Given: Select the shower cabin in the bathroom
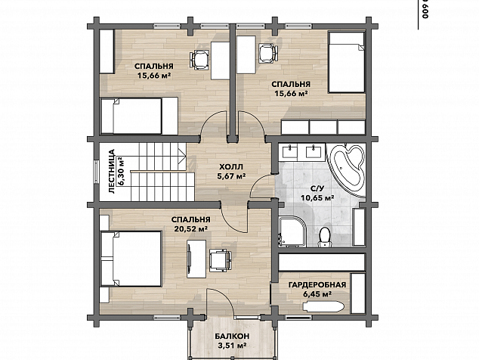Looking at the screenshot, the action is [x=292, y=231].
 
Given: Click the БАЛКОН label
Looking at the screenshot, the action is [x=231, y=336].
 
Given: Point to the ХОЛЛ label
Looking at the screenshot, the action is [x=231, y=166].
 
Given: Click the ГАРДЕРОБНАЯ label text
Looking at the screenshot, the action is [x=317, y=285].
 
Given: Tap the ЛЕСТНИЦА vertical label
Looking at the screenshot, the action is [x=112, y=171].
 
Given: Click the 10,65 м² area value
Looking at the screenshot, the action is [x=317, y=198].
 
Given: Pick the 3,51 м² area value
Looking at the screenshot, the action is [x=232, y=346].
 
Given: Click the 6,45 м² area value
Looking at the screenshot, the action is [x=318, y=294].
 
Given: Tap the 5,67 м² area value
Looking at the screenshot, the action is [x=231, y=176].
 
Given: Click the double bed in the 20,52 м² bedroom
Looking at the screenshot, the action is [x=131, y=259].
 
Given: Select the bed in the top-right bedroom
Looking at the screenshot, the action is [x=347, y=62].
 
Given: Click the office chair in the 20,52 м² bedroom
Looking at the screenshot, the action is [x=220, y=259].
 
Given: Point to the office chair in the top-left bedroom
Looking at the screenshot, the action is [x=199, y=59].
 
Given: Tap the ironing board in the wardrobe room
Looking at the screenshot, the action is [x=323, y=306].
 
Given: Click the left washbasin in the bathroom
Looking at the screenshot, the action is [x=289, y=152].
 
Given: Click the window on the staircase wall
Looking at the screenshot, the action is [x=97, y=172].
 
